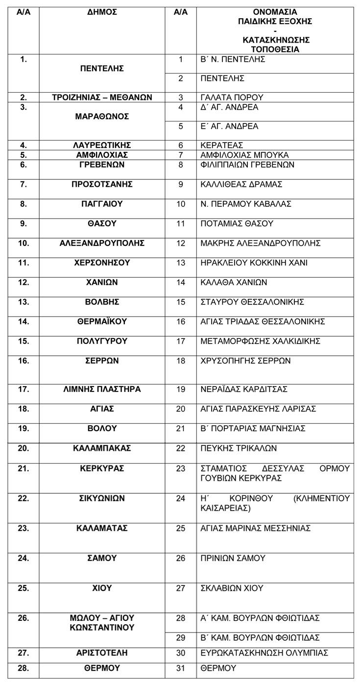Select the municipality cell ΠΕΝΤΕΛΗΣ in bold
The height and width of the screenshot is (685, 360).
(x=102, y=69)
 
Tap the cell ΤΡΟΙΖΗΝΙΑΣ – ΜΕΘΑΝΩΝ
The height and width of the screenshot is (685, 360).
(x=102, y=97)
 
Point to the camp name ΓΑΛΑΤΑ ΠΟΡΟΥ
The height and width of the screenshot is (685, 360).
(x=232, y=97)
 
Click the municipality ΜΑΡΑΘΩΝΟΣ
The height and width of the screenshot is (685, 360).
(x=102, y=116)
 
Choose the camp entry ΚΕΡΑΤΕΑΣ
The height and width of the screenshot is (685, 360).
(x=222, y=145)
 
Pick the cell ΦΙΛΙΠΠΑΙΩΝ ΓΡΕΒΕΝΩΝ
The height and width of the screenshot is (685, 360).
(x=247, y=165)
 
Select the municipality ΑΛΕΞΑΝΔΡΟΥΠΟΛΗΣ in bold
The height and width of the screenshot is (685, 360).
(x=102, y=243)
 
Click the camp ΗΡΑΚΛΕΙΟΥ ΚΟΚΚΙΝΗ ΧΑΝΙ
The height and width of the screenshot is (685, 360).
(x=254, y=263)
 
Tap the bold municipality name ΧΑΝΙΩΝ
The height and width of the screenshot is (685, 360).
(x=102, y=282)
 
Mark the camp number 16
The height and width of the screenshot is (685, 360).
(x=181, y=321)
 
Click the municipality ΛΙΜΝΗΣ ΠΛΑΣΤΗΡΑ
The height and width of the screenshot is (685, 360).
(x=102, y=389)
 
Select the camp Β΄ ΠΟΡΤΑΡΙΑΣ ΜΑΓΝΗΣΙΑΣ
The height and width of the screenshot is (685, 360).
(x=253, y=428)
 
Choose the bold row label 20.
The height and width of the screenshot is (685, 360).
(x=24, y=448)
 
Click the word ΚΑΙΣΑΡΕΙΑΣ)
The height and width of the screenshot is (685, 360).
(x=226, y=508)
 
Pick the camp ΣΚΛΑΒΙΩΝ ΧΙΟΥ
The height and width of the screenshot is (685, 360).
(x=232, y=588)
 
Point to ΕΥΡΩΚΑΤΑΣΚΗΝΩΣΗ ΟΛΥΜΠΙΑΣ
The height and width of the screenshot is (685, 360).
(x=264, y=653)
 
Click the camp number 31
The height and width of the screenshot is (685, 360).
(x=181, y=668)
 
